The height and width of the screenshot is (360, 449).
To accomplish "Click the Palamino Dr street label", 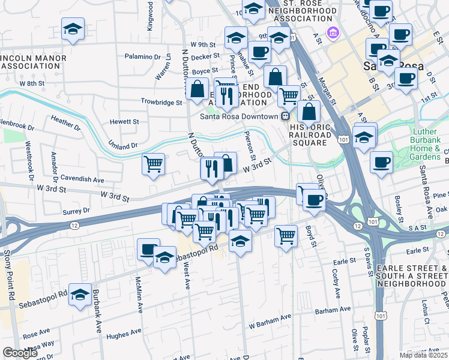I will pyautogui.click(x=144, y=56).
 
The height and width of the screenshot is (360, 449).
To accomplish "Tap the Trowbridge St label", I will pyautogui.click(x=161, y=103).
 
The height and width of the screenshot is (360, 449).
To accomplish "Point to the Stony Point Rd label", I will pyautogui.click(x=9, y=275).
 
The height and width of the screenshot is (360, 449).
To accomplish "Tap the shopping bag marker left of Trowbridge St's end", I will pyautogui.click(x=197, y=89).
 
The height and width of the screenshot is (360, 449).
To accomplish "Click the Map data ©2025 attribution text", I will pyautogui.click(x=423, y=355).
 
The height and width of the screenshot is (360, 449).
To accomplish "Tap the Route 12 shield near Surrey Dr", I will pyautogui.click(x=73, y=224).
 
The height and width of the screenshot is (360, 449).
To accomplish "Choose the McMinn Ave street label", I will pyautogui.click(x=139, y=292).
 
